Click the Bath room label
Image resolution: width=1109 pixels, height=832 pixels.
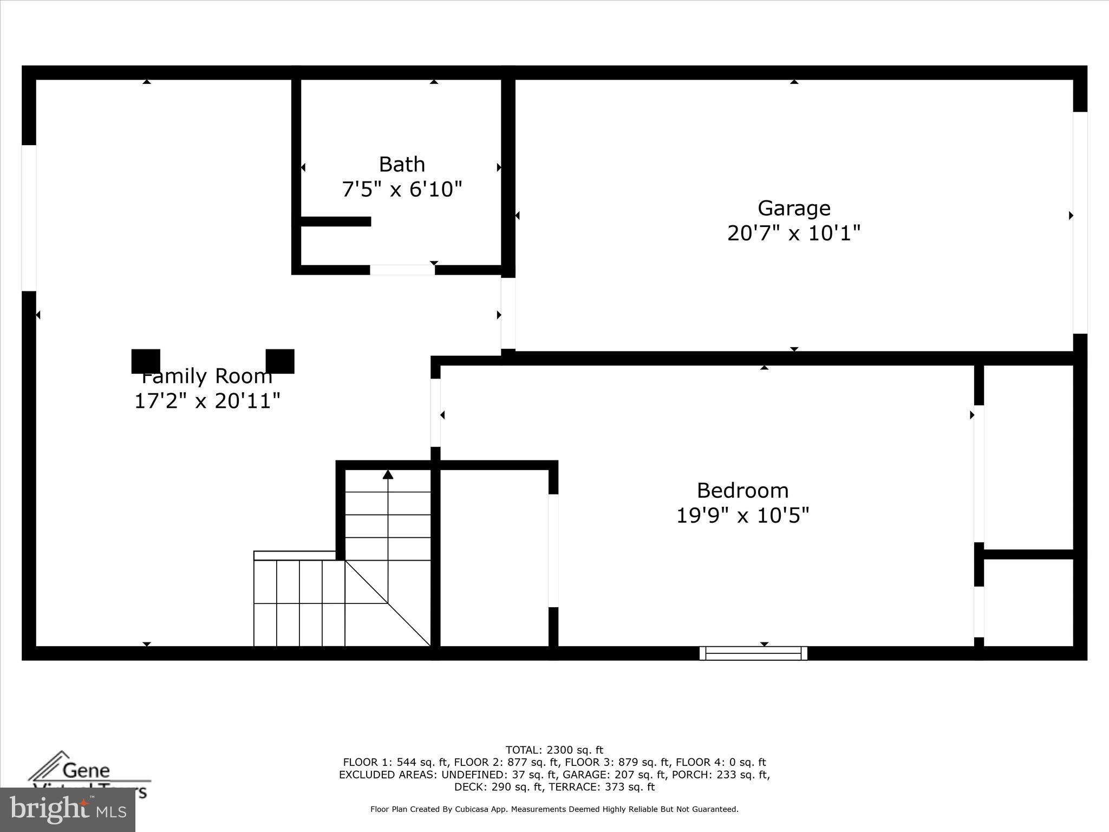(x=402, y=164)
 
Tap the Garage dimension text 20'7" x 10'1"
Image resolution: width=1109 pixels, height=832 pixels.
(x=793, y=233)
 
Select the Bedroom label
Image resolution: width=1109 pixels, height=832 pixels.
(x=742, y=490)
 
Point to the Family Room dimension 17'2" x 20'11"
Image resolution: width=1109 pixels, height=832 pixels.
(x=207, y=401)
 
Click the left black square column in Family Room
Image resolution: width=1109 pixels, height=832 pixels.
(x=146, y=361)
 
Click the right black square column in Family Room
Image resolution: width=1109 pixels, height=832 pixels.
(x=280, y=361)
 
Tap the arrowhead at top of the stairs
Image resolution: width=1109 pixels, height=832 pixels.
(x=388, y=475)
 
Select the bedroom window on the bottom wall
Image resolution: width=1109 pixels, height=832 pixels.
(x=753, y=653)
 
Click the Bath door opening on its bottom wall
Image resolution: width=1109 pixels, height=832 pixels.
(x=402, y=270)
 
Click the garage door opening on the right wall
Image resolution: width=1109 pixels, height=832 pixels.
(x=1080, y=223)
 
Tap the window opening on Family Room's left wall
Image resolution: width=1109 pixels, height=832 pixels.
(x=29, y=218)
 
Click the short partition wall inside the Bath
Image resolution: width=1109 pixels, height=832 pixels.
(x=336, y=222)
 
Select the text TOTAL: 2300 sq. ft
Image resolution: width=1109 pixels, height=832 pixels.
(x=554, y=750)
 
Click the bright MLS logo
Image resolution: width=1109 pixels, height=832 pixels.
(x=68, y=809)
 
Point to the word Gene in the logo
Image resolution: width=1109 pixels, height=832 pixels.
(x=86, y=770)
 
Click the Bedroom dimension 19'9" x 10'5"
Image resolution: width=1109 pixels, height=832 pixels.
(x=742, y=516)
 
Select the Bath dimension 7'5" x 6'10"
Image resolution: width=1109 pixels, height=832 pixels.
(x=402, y=190)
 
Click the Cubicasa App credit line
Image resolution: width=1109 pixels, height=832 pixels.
(x=554, y=809)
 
